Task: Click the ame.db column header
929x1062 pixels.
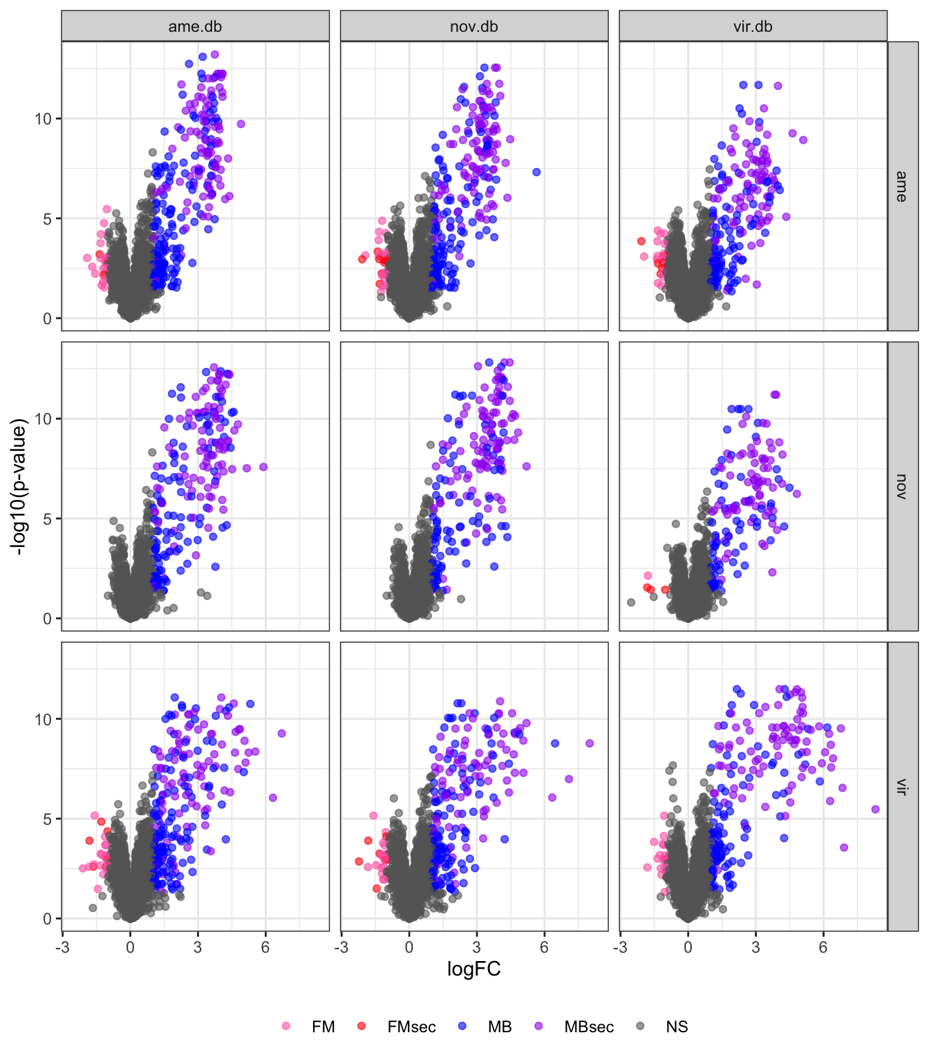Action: (x=195, y=27)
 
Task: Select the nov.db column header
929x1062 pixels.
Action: (x=473, y=27)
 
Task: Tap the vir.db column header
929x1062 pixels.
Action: (x=753, y=27)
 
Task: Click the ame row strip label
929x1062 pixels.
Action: (x=901, y=186)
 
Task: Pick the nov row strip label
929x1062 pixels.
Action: (x=901, y=486)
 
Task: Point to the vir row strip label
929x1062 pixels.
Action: (x=901, y=786)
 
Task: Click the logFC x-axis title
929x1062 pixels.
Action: (x=473, y=969)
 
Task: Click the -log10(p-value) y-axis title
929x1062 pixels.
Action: (x=19, y=486)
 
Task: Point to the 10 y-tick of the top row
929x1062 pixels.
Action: (x=44, y=119)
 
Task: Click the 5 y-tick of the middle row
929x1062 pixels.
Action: (x=48, y=519)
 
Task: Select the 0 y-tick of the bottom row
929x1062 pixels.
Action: (x=48, y=919)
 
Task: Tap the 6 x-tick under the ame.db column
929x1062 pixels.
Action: (x=265, y=947)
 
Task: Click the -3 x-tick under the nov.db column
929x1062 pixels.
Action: (x=341, y=947)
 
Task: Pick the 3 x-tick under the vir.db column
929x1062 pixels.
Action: (x=756, y=947)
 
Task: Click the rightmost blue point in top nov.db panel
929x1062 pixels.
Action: (x=536, y=172)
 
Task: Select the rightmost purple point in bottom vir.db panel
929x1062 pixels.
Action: (x=875, y=809)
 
